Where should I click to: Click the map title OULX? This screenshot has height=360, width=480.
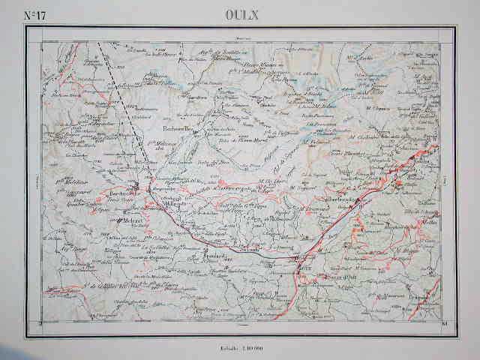pos(239,13)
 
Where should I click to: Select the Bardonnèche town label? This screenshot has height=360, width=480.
pos(126,193)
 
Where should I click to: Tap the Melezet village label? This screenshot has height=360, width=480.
pos(131,221)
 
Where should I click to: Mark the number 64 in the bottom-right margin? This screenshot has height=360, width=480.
pos(446,323)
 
